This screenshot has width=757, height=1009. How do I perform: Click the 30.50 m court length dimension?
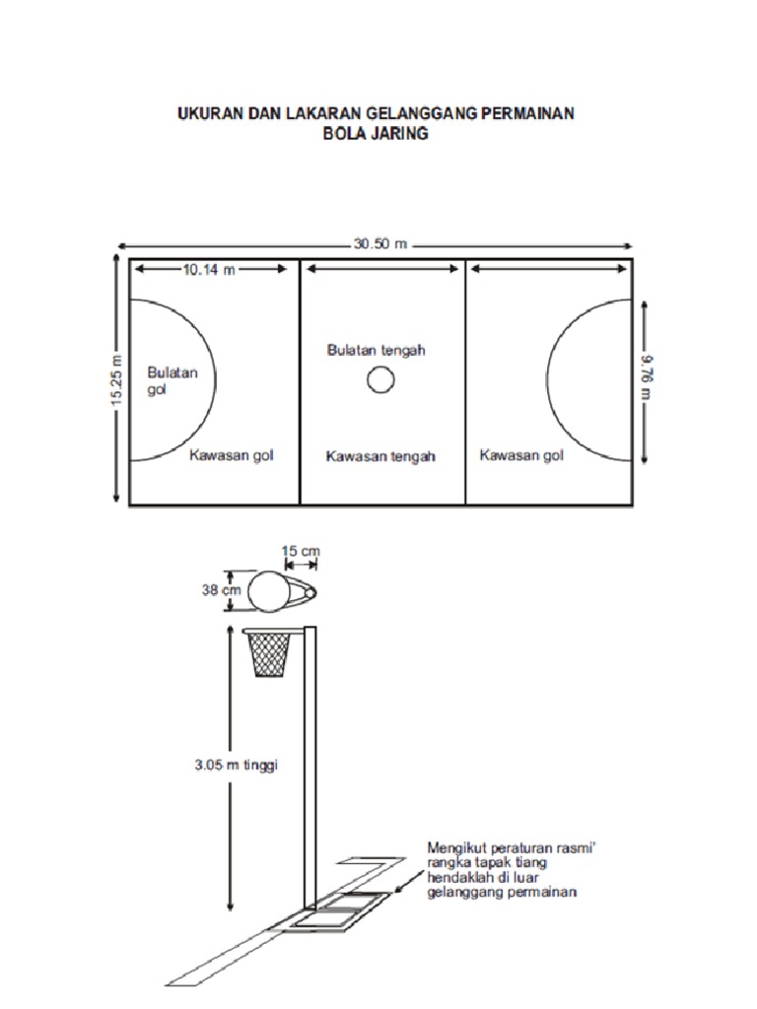[380, 244]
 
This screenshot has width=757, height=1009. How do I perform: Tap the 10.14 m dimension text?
[209, 270]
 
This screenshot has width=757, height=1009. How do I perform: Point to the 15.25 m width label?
[116, 380]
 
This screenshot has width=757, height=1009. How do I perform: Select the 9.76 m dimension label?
[647, 378]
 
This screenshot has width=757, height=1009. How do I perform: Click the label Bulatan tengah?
[376, 350]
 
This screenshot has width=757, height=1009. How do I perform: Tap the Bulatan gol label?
[172, 380]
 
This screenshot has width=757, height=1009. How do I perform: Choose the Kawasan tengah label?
[380, 456]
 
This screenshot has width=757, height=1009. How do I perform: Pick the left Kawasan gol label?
[231, 455]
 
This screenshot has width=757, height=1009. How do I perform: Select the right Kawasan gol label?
[521, 455]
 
